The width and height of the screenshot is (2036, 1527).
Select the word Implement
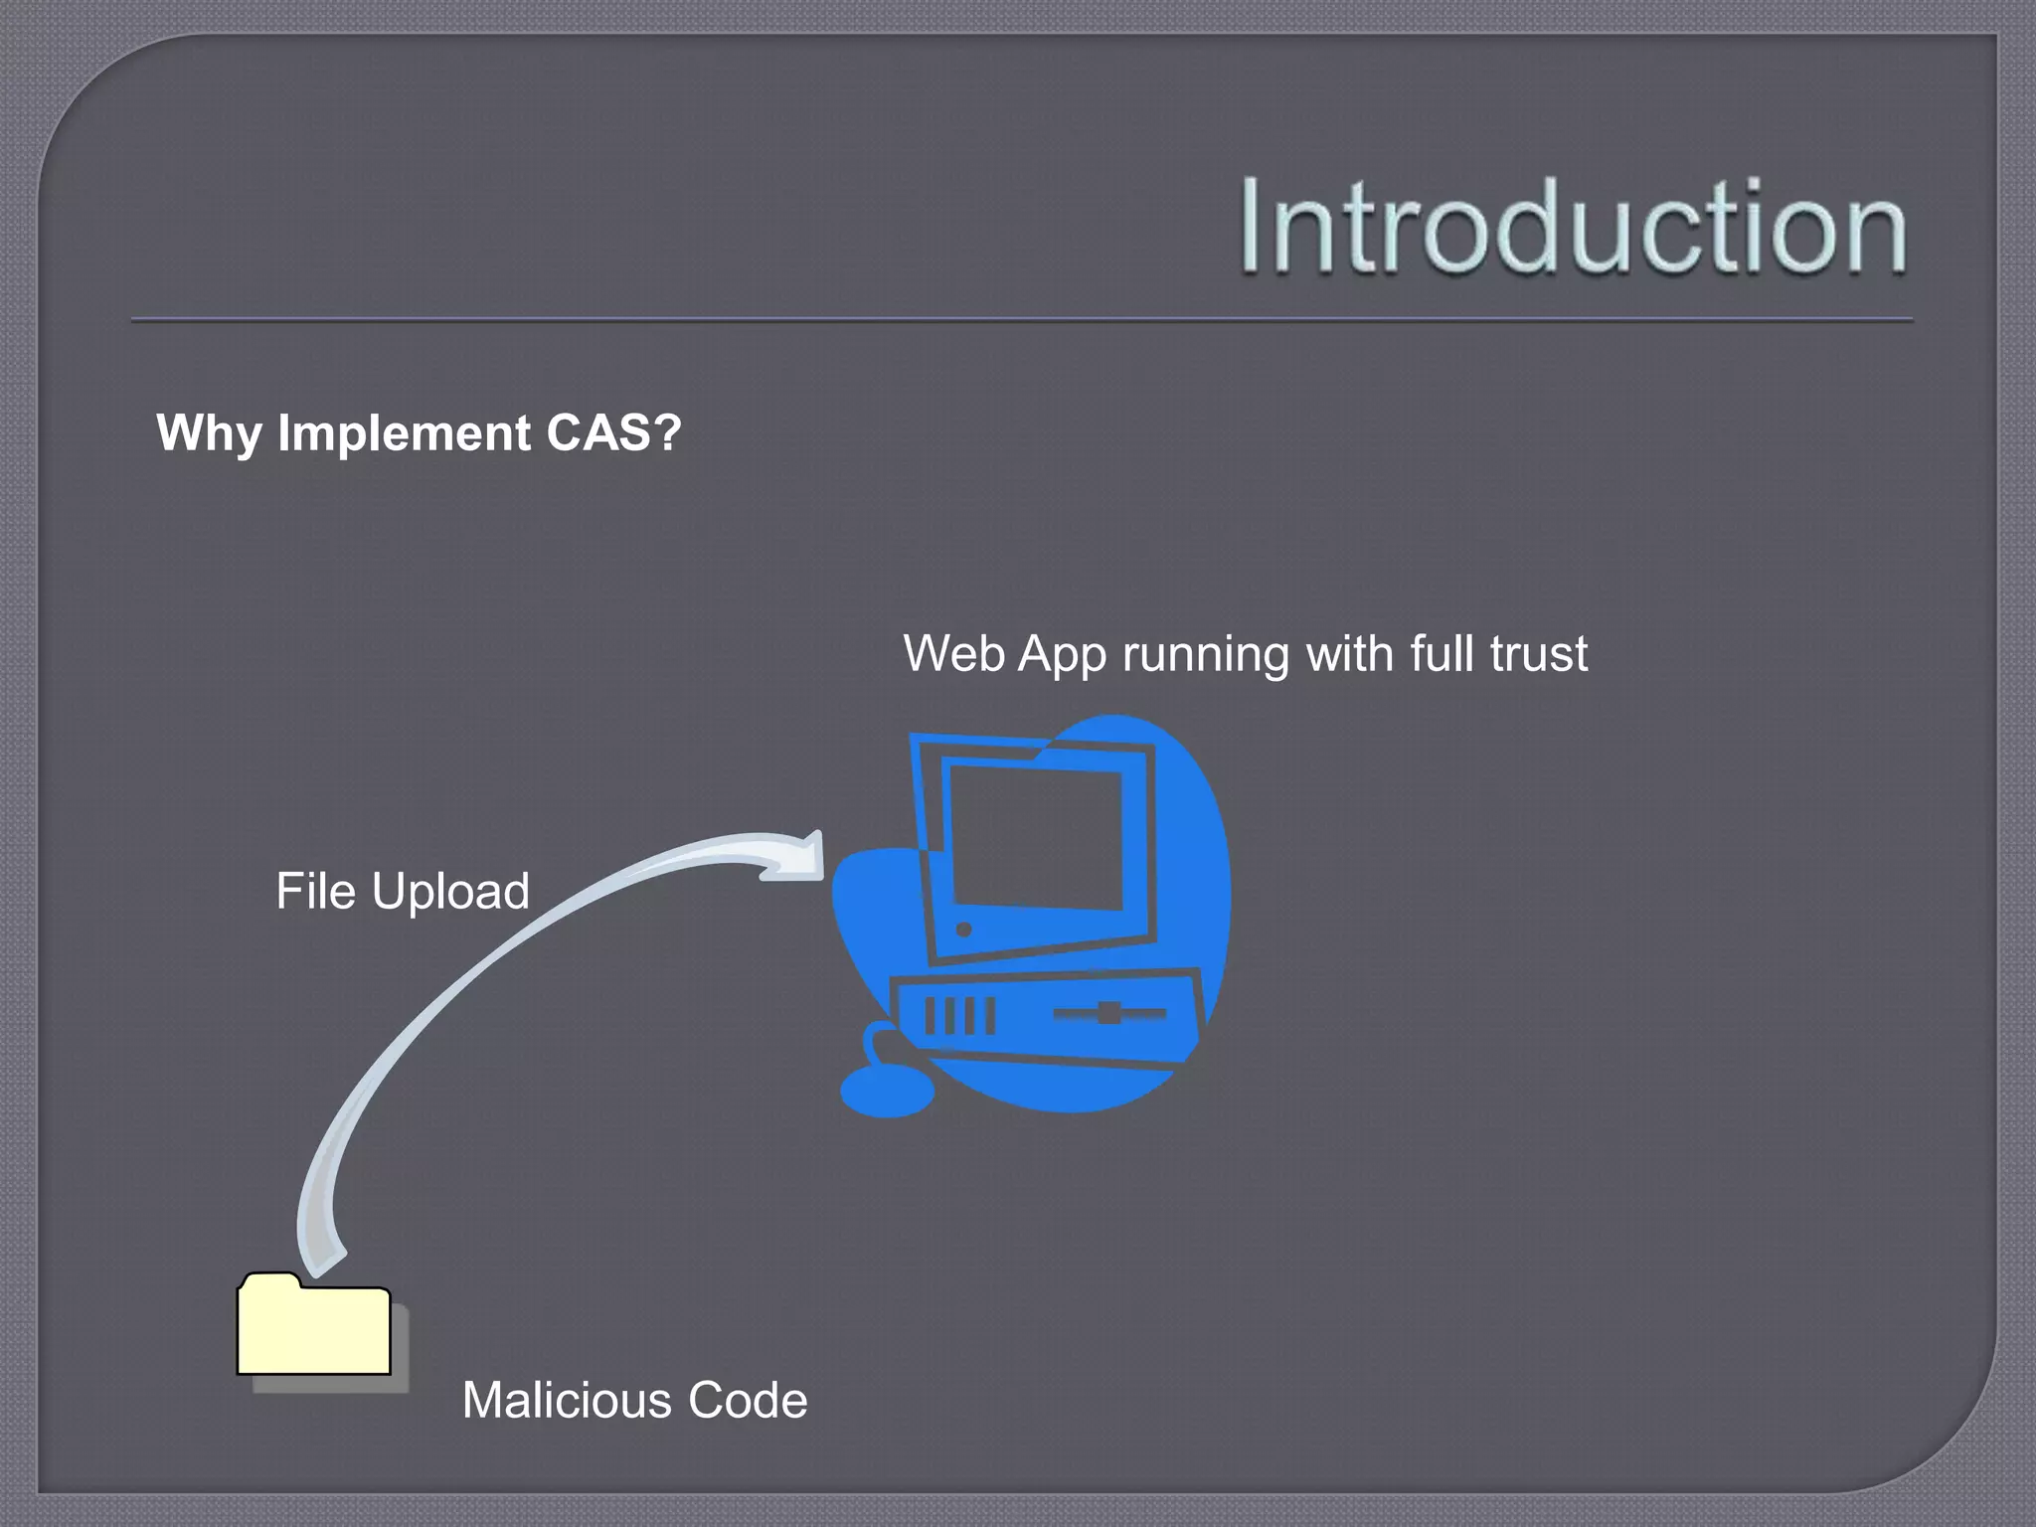[404, 433]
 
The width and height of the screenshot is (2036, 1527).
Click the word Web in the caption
[953, 654]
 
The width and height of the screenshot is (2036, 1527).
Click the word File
[315, 891]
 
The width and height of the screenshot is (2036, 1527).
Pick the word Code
[748, 1400]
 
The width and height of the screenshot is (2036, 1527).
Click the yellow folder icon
[314, 1328]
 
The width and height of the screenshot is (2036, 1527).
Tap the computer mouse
[887, 1092]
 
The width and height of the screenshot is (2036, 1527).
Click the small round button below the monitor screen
[963, 931]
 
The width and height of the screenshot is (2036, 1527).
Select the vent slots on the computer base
[959, 1016]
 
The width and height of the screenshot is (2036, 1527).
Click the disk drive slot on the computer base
[1109, 1014]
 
